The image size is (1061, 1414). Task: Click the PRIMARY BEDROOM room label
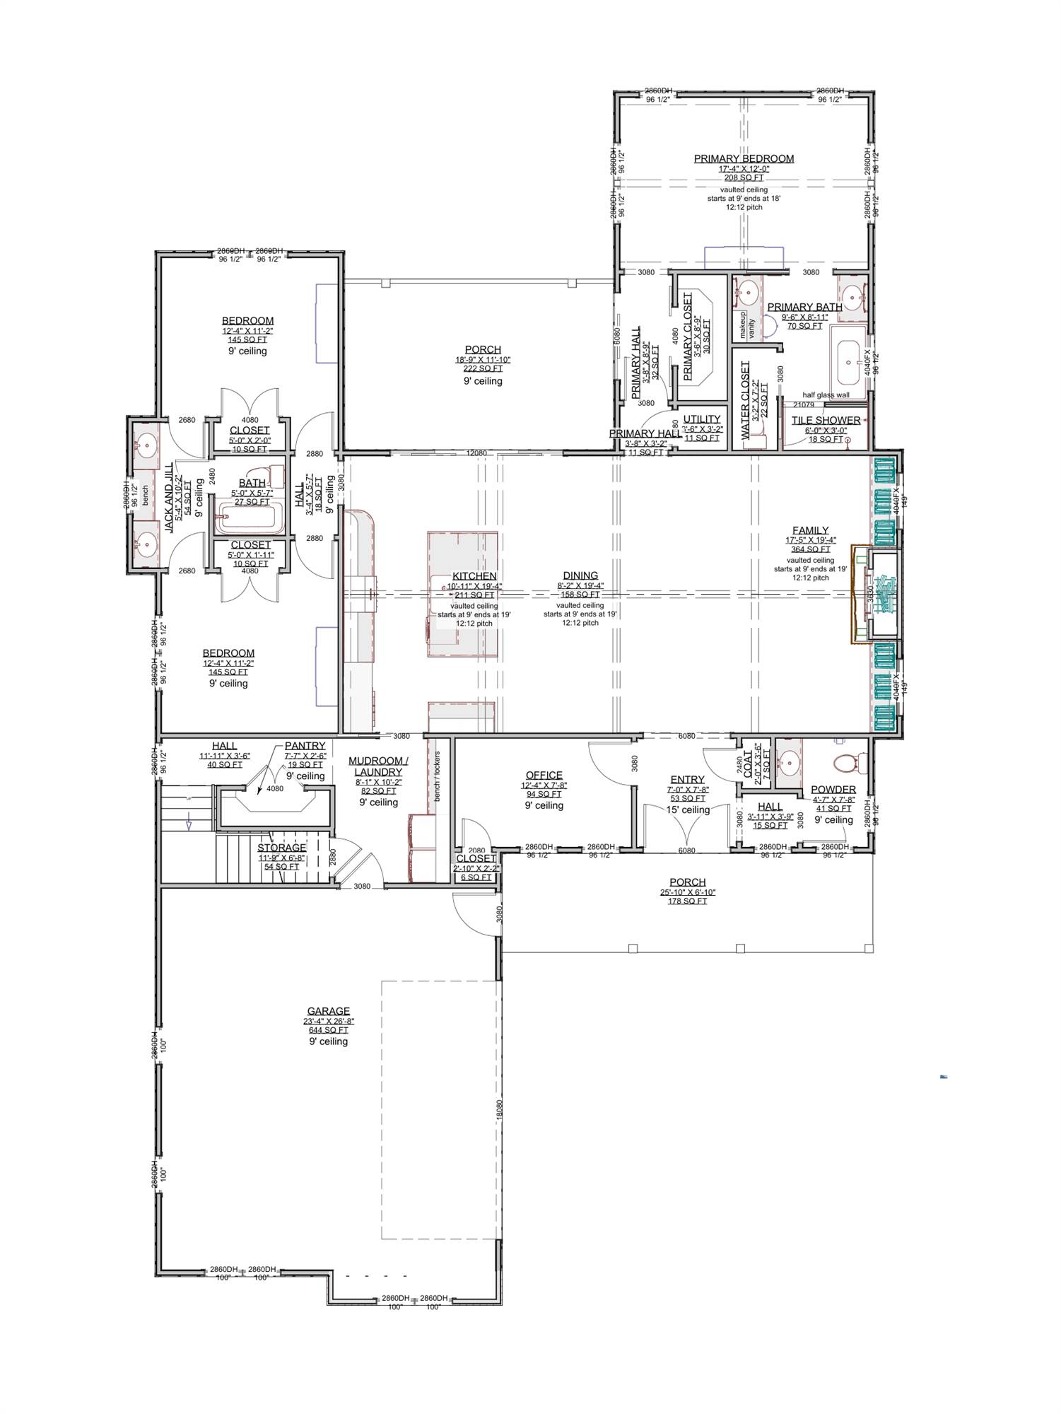(744, 159)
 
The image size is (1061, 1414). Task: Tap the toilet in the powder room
(845, 763)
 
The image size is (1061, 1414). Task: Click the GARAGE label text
(328, 1012)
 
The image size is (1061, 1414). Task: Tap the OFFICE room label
(544, 776)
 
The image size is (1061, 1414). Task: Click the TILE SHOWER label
(826, 420)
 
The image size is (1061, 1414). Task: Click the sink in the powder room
(790, 764)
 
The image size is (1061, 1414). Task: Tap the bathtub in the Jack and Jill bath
(249, 518)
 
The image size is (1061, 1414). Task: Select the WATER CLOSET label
(744, 401)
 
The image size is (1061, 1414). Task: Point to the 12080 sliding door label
(476, 453)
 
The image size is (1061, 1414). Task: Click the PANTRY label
(305, 746)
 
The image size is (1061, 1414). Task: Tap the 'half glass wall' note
(826, 395)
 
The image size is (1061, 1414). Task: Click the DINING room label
(580, 575)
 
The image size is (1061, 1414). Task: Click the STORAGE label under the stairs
(281, 848)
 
